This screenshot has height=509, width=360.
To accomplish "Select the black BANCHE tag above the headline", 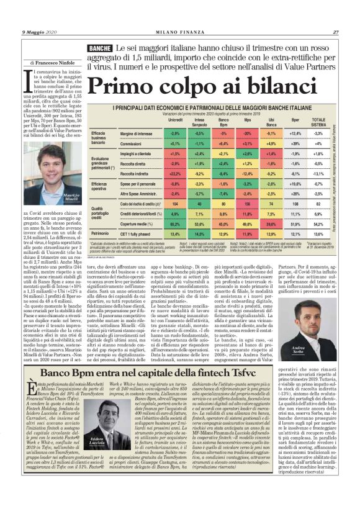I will coord(99,48).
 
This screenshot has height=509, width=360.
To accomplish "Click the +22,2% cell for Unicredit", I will coord(175,174).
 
